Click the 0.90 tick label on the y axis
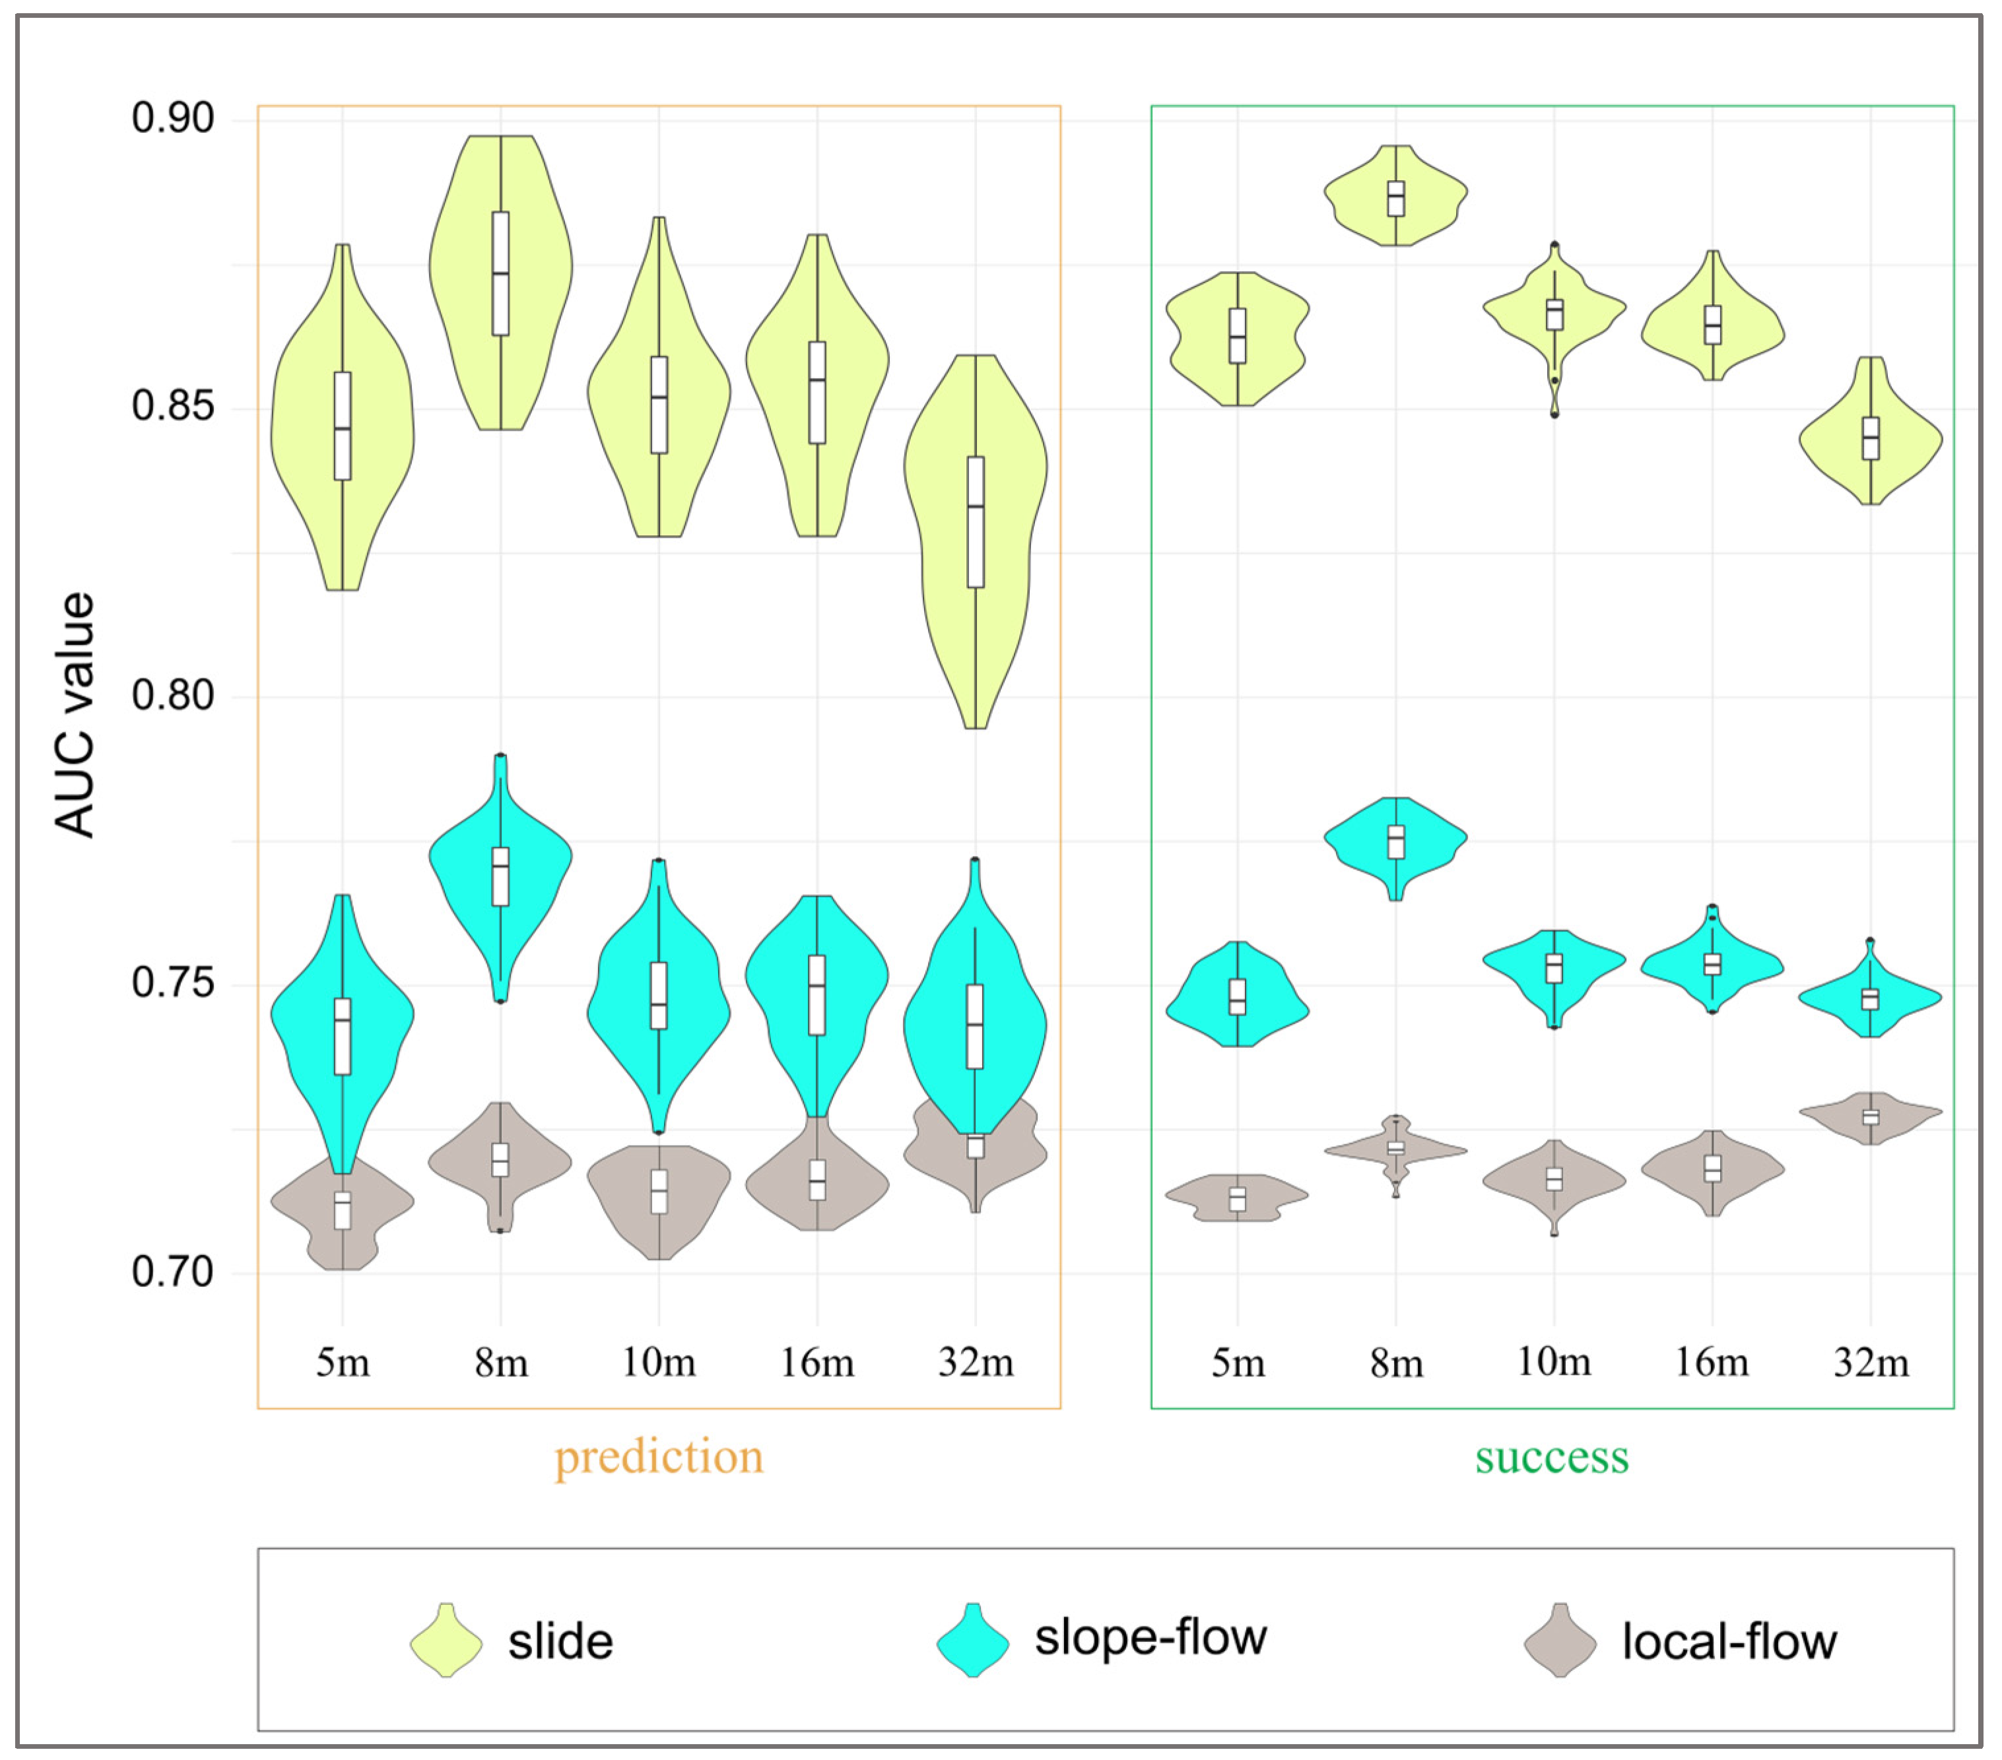[172, 119]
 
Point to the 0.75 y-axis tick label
[172, 983]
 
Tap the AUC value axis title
[75, 714]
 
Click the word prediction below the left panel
[658, 1456]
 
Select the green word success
[1551, 1456]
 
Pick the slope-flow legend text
[1151, 1637]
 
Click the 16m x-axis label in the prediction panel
[817, 1362]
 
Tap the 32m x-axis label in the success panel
[1871, 1362]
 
